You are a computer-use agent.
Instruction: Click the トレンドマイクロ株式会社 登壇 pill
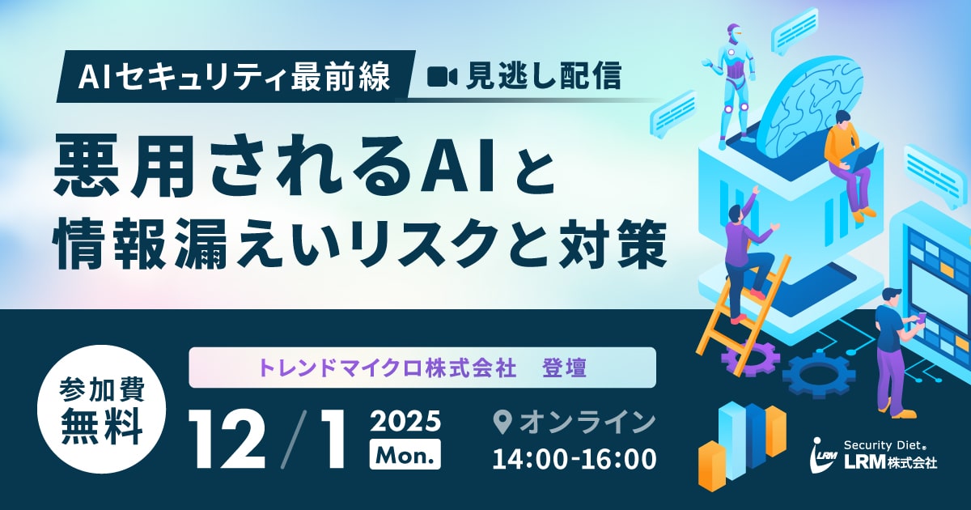click(x=422, y=368)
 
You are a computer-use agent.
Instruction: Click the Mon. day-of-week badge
click(x=405, y=453)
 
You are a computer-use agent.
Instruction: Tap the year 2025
click(x=405, y=421)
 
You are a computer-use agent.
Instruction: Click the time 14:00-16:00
click(x=575, y=458)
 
